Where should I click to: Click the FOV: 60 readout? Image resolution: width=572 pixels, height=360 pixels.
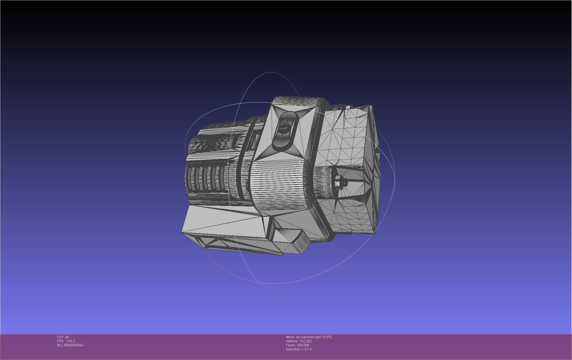click(63, 337)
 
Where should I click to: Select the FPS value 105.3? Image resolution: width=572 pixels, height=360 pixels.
click(71, 341)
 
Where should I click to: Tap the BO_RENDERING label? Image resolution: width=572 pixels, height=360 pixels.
click(70, 345)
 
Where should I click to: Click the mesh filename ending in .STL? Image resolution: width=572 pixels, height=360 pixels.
click(314, 337)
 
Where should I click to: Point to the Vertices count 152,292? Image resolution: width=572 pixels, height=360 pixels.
click(305, 341)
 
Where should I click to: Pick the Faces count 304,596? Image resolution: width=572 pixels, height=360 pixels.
click(303, 345)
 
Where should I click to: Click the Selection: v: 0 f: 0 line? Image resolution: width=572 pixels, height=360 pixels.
click(299, 349)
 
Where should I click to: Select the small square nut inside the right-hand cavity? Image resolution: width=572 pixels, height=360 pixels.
click(338, 182)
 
